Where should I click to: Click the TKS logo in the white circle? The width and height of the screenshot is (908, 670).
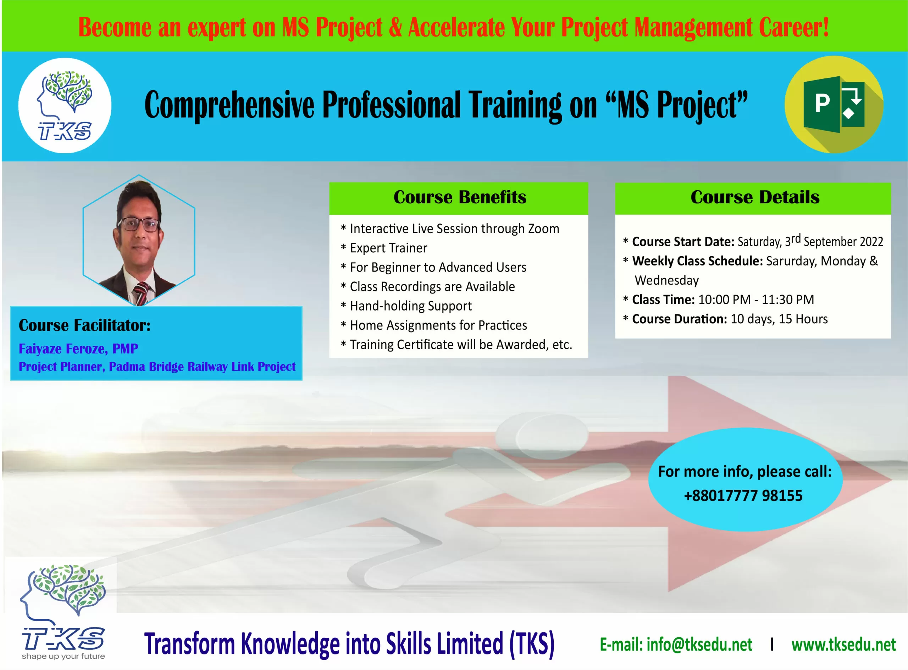pyautogui.click(x=65, y=105)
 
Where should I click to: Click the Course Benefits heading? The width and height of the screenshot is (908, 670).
pyautogui.click(x=460, y=197)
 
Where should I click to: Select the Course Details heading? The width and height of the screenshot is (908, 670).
pyautogui.click(x=755, y=197)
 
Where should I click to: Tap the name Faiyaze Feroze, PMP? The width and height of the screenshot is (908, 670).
pyautogui.click(x=78, y=349)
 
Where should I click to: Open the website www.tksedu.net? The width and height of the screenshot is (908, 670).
pyautogui.click(x=843, y=644)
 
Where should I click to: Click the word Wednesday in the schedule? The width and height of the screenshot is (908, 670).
pyautogui.click(x=666, y=280)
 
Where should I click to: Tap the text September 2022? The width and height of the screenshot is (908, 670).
pyautogui.click(x=843, y=242)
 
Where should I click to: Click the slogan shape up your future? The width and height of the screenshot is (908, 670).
pyautogui.click(x=63, y=656)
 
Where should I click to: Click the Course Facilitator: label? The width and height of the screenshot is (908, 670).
pyautogui.click(x=85, y=325)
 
